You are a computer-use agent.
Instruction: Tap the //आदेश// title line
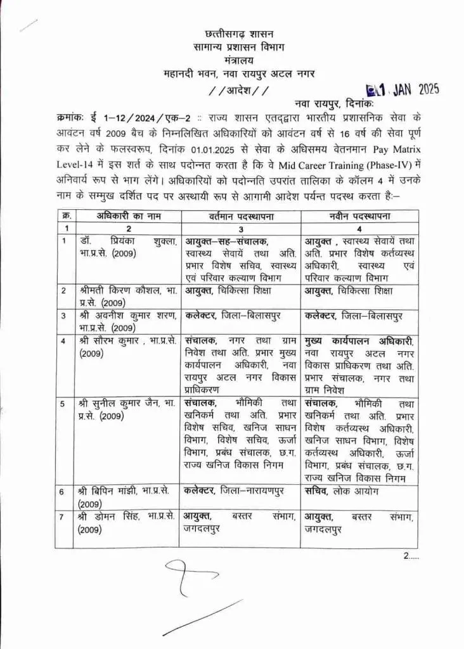[x=233, y=90]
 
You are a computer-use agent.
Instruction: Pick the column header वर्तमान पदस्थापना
[x=240, y=216]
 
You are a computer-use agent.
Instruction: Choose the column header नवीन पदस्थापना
[x=359, y=216]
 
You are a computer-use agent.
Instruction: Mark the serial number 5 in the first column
[x=63, y=403]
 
